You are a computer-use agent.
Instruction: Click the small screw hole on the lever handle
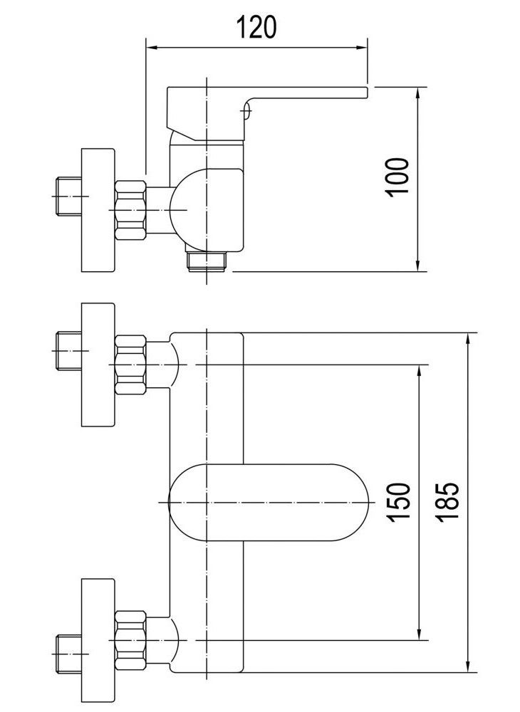246,110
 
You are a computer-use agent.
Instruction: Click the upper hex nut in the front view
130,365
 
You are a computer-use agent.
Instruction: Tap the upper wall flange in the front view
98,365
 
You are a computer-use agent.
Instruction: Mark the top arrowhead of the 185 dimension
470,337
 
